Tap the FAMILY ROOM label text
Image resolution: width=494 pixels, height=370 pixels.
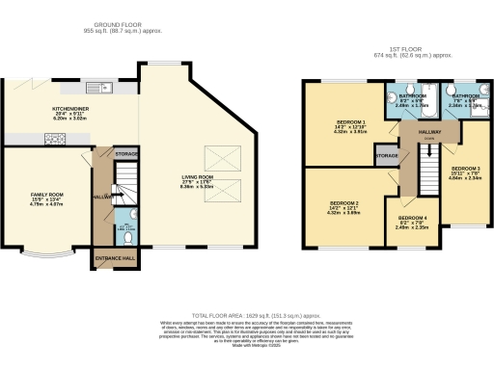(x=45, y=195)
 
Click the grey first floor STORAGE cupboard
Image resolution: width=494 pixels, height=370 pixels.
(x=387, y=155)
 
